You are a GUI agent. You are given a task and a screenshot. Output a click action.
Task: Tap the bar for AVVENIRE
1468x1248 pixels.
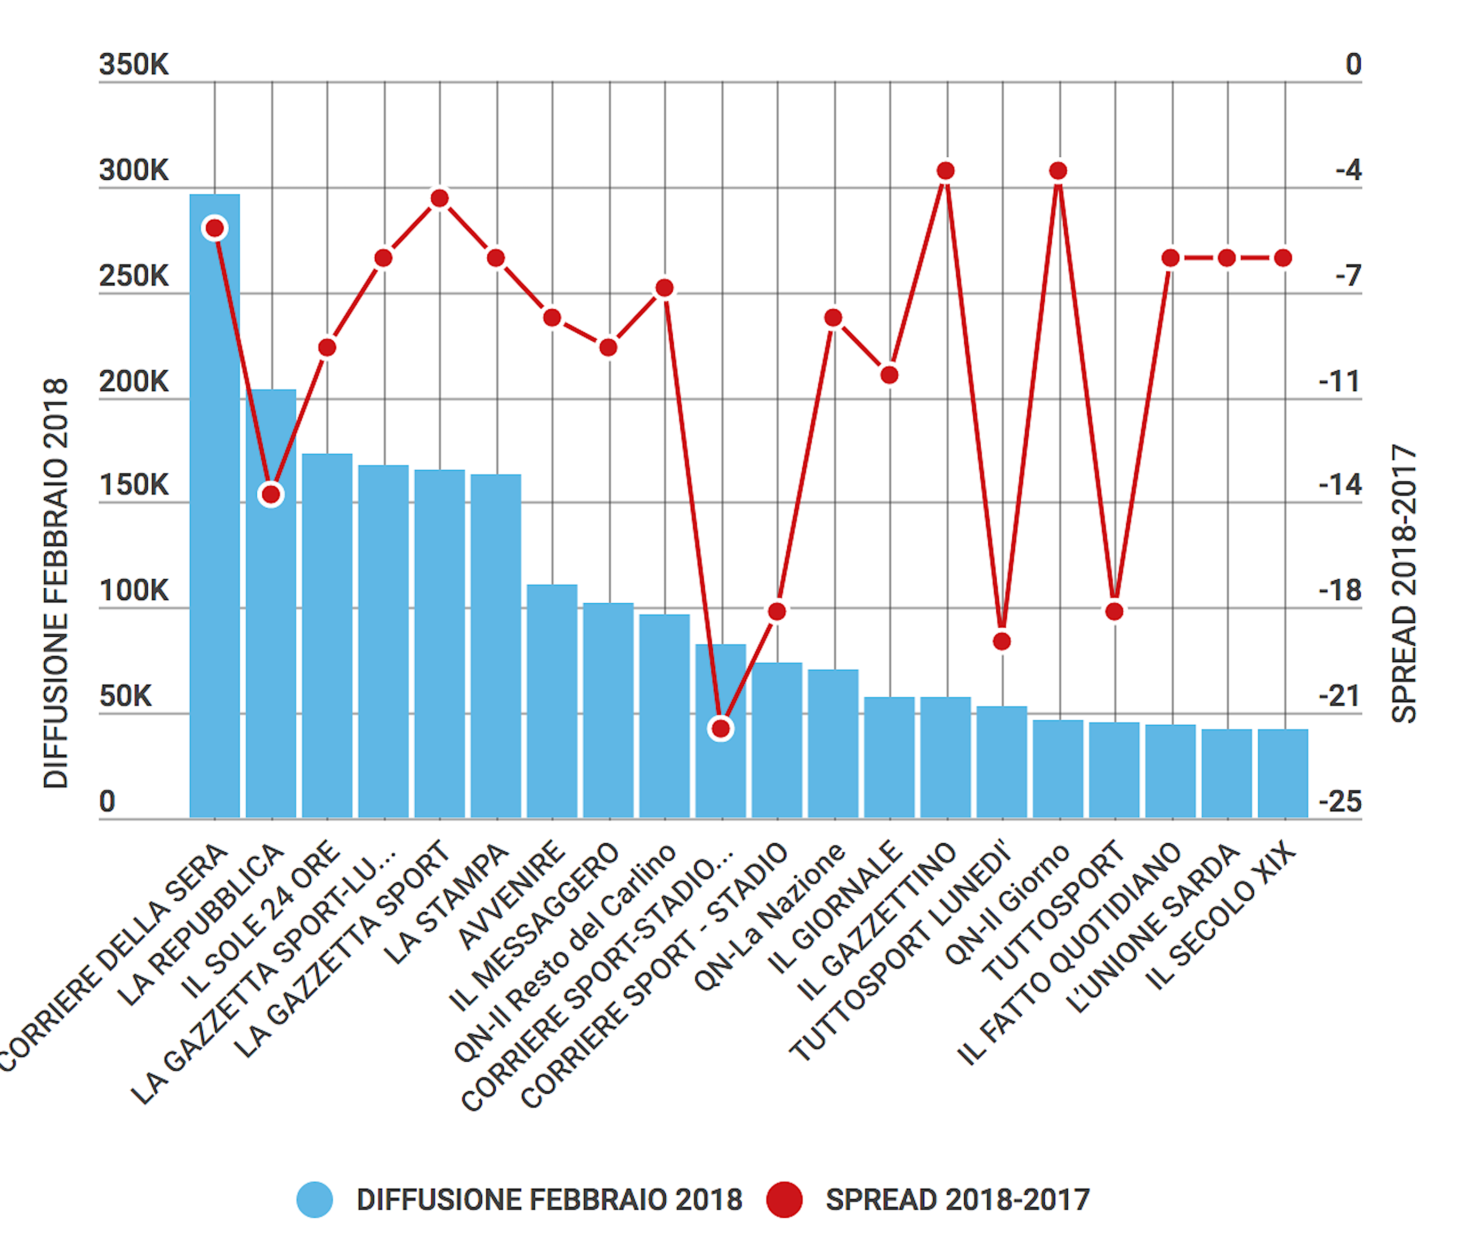click(552, 700)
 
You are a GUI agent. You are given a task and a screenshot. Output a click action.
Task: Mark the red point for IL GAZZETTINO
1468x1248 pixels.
click(946, 170)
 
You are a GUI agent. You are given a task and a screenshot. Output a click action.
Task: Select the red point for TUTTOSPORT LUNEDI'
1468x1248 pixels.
click(1001, 641)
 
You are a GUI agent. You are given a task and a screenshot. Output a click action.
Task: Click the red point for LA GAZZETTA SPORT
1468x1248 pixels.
click(440, 198)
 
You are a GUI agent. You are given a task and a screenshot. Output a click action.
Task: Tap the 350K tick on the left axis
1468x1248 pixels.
click(134, 64)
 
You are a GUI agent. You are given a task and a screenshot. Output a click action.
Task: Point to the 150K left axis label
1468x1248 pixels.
click(134, 485)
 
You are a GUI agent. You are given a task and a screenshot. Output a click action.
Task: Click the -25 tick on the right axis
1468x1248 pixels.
click(1340, 801)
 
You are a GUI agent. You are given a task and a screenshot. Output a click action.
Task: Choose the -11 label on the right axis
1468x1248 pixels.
click(1340, 382)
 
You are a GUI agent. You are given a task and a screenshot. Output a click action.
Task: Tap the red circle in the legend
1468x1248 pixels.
click(784, 1200)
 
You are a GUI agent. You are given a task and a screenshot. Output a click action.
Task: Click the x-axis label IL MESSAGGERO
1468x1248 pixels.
click(534, 927)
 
